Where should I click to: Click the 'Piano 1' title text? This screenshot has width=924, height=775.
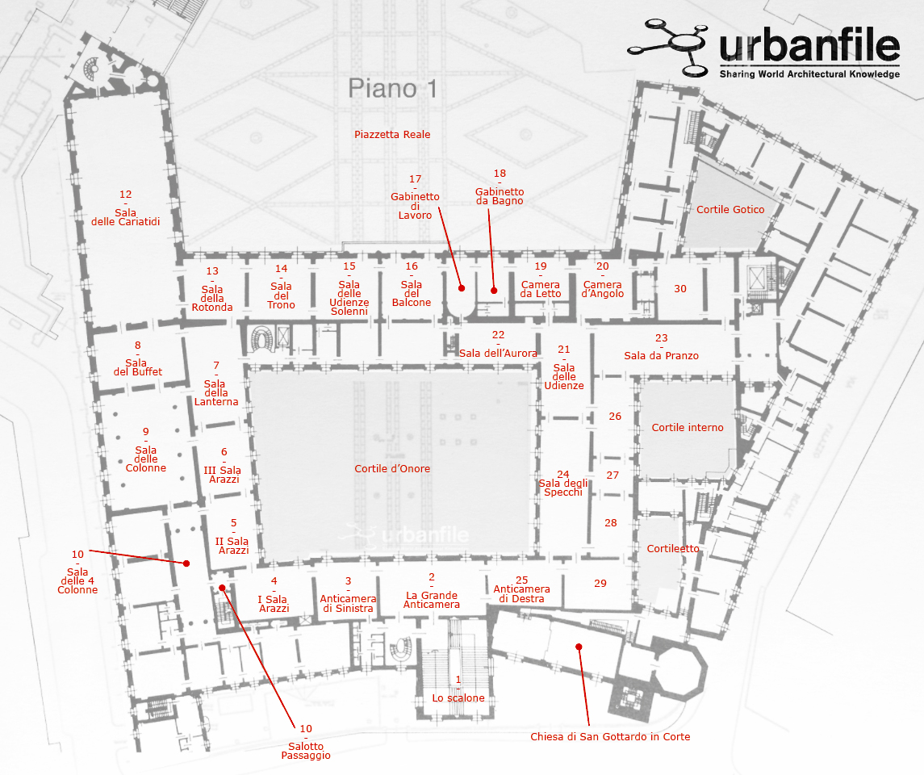tap(392, 89)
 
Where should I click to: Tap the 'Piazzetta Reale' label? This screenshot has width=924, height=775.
tap(392, 134)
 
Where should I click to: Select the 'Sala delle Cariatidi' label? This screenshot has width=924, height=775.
tap(126, 217)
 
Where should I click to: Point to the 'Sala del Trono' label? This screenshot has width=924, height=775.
tap(281, 295)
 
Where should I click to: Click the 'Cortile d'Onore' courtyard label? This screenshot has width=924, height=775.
tap(392, 468)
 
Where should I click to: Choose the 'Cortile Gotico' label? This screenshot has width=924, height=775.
tap(730, 209)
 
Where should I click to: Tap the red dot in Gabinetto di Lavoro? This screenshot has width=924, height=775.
tap(462, 288)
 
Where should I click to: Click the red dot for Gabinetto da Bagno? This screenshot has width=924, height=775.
tap(494, 291)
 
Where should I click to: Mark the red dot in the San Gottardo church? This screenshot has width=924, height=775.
tap(579, 647)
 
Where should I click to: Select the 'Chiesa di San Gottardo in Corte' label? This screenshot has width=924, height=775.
tap(610, 737)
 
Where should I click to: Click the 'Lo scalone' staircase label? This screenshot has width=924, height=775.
tap(458, 697)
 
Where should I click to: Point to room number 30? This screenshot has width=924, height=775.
tap(680, 289)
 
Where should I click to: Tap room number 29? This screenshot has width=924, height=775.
tap(600, 584)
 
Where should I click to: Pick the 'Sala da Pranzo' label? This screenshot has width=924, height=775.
tap(661, 355)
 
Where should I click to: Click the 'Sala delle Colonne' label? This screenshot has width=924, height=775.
tap(145, 459)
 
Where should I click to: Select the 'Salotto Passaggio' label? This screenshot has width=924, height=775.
tap(306, 751)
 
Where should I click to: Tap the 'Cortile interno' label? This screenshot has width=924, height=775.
tap(687, 427)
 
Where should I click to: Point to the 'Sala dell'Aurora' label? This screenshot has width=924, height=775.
tap(498, 353)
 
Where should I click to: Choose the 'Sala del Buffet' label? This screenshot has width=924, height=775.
tap(137, 367)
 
